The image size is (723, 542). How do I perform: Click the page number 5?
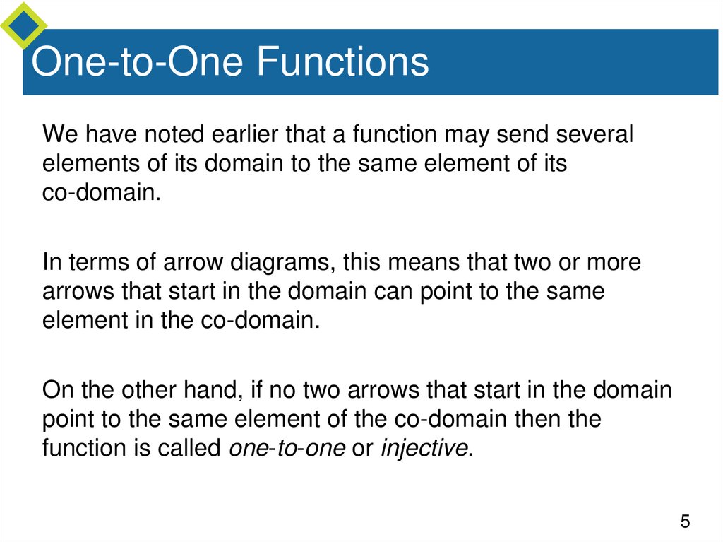pyautogui.click(x=684, y=522)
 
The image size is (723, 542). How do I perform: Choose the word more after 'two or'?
pyautogui.click(x=610, y=263)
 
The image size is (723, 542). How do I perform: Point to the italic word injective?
pyautogui.click(x=424, y=448)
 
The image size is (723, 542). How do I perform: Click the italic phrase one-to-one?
pyautogui.click(x=287, y=448)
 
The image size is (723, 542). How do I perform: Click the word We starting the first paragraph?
pyautogui.click(x=59, y=134)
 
